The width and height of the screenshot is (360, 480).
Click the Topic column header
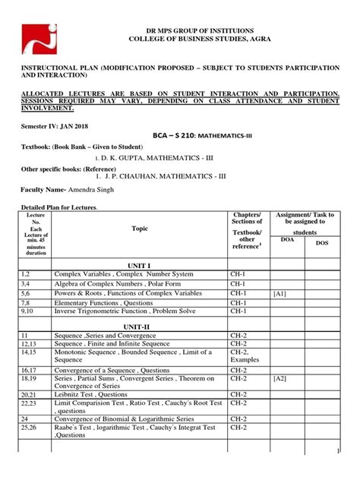pyautogui.click(x=140, y=228)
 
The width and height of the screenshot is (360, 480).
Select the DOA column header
pyautogui.click(x=287, y=239)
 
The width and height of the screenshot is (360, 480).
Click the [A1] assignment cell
pyautogui.click(x=281, y=292)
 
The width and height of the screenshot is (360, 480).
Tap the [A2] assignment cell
pyautogui.click(x=281, y=377)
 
